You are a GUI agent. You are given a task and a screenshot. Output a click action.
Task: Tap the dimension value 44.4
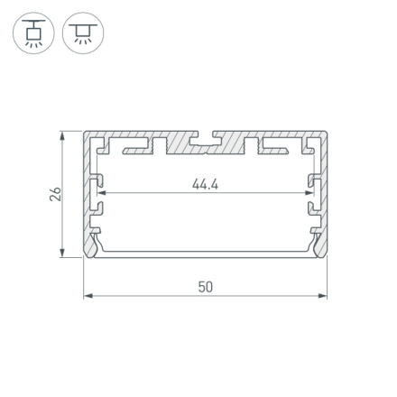[x=205, y=184]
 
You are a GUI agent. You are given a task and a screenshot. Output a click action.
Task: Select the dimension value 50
[x=206, y=286]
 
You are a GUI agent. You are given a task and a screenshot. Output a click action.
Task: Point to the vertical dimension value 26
[x=55, y=194]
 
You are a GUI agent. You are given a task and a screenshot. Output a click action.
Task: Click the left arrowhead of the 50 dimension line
[x=88, y=295]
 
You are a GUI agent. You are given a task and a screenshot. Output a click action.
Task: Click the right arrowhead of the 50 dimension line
[x=323, y=295]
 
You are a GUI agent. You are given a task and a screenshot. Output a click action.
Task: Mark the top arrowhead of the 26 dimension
[x=63, y=136]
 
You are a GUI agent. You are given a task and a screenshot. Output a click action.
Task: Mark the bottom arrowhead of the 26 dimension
[x=63, y=254]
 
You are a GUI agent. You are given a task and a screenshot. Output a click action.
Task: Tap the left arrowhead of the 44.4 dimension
[x=101, y=192]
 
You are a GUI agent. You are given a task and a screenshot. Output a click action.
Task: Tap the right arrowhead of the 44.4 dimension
[x=309, y=192]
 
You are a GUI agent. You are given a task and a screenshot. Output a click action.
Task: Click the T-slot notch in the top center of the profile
[x=206, y=141]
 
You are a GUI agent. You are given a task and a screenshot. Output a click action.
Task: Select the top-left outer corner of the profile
[x=85, y=133]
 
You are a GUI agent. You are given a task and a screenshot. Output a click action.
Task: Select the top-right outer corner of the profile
[x=327, y=133]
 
